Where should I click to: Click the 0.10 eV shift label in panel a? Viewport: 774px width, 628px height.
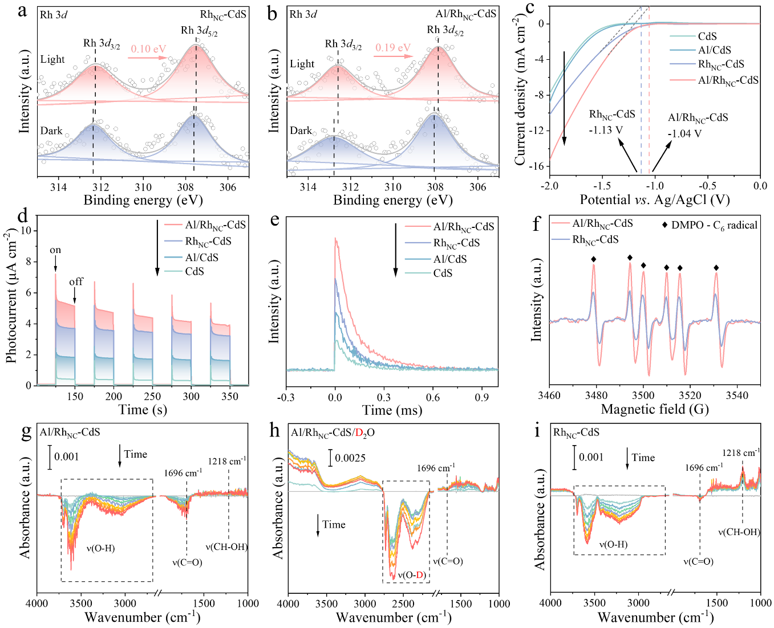148,49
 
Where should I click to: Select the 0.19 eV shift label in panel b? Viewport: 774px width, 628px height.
393,48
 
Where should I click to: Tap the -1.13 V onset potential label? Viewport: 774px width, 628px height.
606,130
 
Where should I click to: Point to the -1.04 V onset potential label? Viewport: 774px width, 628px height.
684,134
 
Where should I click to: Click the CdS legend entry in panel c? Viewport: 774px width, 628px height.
707,36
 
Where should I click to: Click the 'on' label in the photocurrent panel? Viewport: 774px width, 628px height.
55,250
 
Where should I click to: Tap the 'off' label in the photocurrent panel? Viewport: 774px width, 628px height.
76,282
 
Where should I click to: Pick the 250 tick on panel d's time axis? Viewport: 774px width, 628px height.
152,397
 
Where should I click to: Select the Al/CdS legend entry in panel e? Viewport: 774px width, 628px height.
450,259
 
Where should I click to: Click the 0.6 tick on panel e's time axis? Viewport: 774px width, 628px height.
433,397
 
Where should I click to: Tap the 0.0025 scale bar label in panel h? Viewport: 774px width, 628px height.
350,458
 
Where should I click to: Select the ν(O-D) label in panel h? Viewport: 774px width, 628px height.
411,576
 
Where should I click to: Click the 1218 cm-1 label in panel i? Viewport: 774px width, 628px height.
741,453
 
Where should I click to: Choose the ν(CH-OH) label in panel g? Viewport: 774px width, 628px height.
226,547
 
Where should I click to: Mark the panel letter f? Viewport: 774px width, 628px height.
536,224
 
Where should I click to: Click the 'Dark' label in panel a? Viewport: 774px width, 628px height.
51,131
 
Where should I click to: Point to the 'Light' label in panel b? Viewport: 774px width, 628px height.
302,64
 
